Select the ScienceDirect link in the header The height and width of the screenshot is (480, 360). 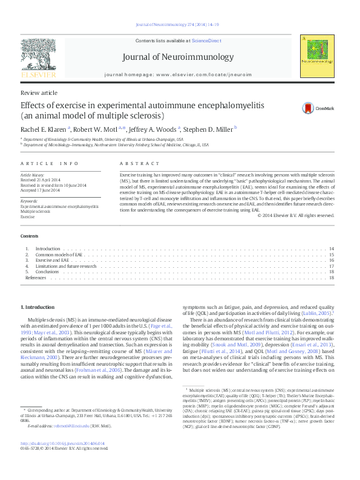207,41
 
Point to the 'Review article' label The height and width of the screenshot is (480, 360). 39,92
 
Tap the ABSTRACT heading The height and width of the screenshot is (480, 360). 134,164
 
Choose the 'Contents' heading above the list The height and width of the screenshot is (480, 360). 29,235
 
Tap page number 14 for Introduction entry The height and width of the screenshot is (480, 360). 332,249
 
